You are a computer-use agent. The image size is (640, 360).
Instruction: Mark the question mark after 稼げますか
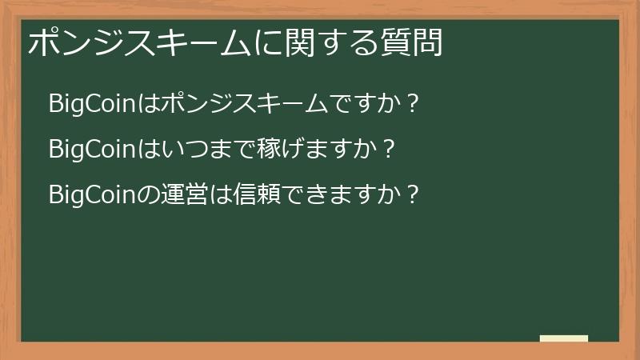pyautogui.click(x=389, y=150)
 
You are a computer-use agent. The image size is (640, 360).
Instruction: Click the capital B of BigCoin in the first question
pyautogui.click(x=54, y=104)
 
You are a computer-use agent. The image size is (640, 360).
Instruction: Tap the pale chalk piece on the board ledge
pyautogui.click(x=564, y=339)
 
